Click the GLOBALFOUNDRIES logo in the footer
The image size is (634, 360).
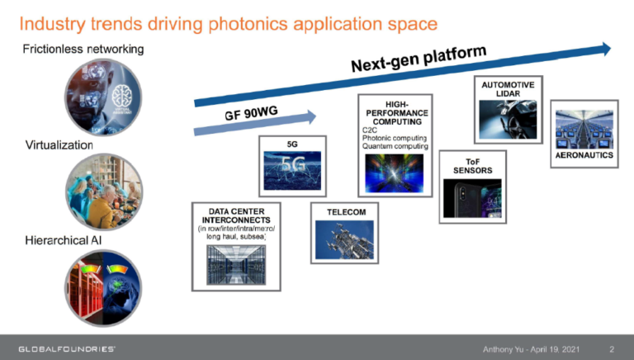pos(67,348)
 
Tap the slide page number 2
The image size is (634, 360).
pos(611,348)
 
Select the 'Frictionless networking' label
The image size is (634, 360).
pos(83,50)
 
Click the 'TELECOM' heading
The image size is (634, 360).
pos(346,212)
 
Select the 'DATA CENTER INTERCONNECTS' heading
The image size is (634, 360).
pos(232,216)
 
